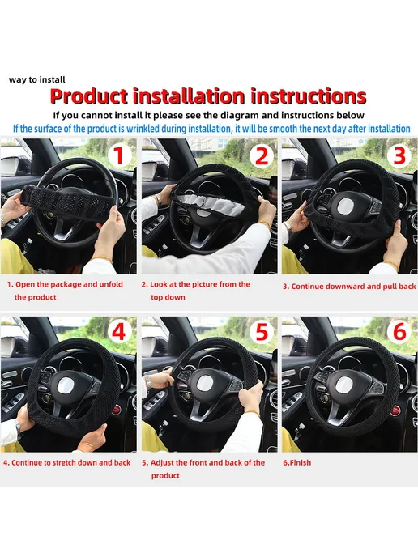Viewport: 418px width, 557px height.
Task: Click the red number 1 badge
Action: pyautogui.click(x=119, y=155)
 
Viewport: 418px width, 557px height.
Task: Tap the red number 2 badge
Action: pyautogui.click(x=262, y=155)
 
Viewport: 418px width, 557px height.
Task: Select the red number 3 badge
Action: pyautogui.click(x=400, y=155)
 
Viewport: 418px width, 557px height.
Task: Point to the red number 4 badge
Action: pyautogui.click(x=119, y=332)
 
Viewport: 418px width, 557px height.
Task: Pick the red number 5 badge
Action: pyautogui.click(x=262, y=332)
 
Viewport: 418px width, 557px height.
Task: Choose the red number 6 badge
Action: pyautogui.click(x=400, y=332)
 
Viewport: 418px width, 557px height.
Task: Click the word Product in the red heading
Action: pyautogui.click(x=88, y=96)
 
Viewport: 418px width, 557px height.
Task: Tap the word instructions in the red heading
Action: pyautogui.click(x=309, y=96)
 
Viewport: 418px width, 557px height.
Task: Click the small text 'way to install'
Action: pyautogui.click(x=37, y=79)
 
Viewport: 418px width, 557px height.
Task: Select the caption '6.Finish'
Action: pyautogui.click(x=296, y=462)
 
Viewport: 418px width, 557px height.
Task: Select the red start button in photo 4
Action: pyautogui.click(x=116, y=411)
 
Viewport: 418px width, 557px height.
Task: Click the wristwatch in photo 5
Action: pyautogui.click(x=147, y=381)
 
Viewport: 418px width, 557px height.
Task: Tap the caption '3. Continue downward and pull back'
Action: pyautogui.click(x=349, y=287)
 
